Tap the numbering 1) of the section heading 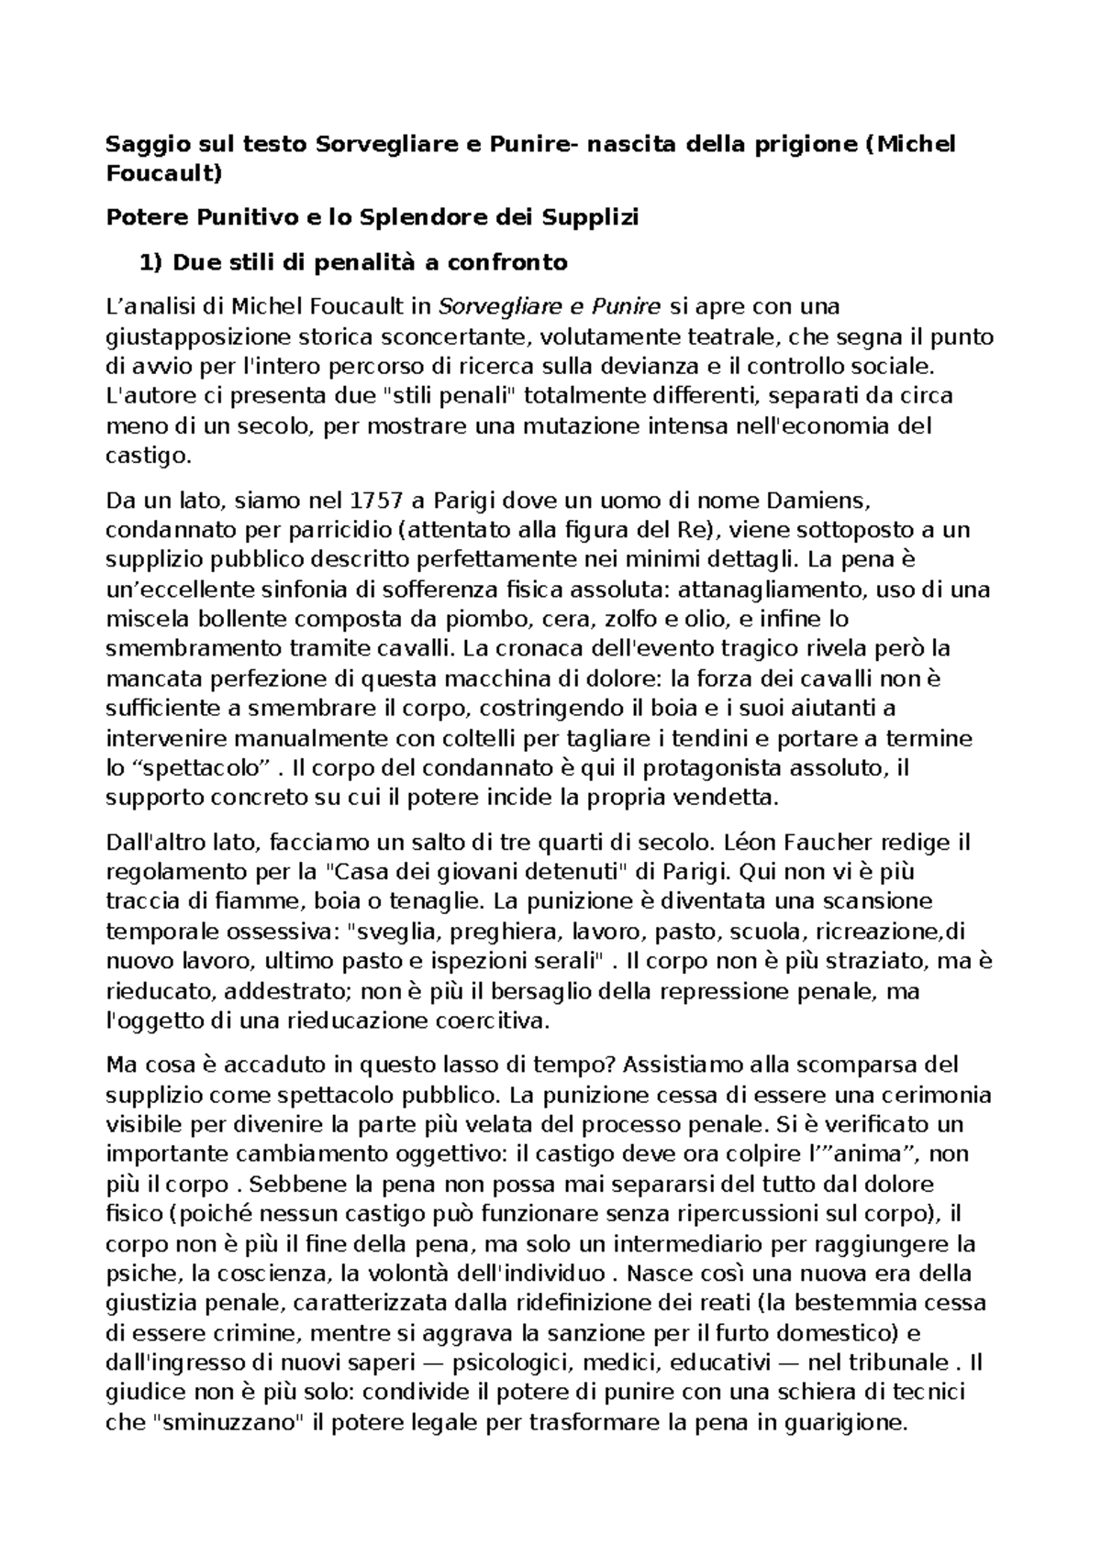(150, 263)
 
